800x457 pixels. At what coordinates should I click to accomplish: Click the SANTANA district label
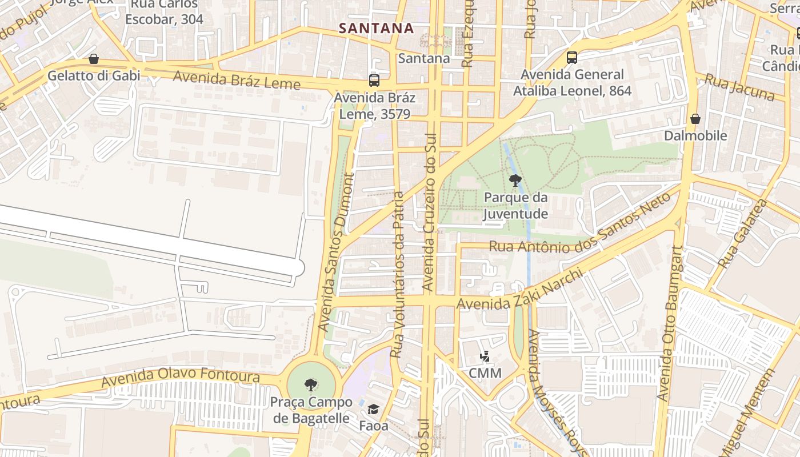[x=375, y=28]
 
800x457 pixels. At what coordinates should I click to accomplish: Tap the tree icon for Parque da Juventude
[x=515, y=181]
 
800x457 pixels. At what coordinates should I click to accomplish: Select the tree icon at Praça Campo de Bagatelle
[x=311, y=384]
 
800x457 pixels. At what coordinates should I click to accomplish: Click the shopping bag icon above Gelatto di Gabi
[x=94, y=59]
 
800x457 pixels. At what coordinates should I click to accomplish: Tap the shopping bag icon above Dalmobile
[x=695, y=119]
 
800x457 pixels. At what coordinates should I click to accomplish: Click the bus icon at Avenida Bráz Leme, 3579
[x=374, y=81]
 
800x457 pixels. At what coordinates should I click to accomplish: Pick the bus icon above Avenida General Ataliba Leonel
[x=572, y=57]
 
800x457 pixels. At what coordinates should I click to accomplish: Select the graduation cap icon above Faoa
[x=373, y=409]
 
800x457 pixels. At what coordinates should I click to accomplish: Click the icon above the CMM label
[x=485, y=356]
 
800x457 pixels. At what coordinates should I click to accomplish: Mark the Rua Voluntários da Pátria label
[x=398, y=274]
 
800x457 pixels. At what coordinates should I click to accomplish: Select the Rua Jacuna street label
[x=739, y=87]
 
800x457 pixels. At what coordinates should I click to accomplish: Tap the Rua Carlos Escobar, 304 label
[x=164, y=11]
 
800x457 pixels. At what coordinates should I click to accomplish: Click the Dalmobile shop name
[x=695, y=136]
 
